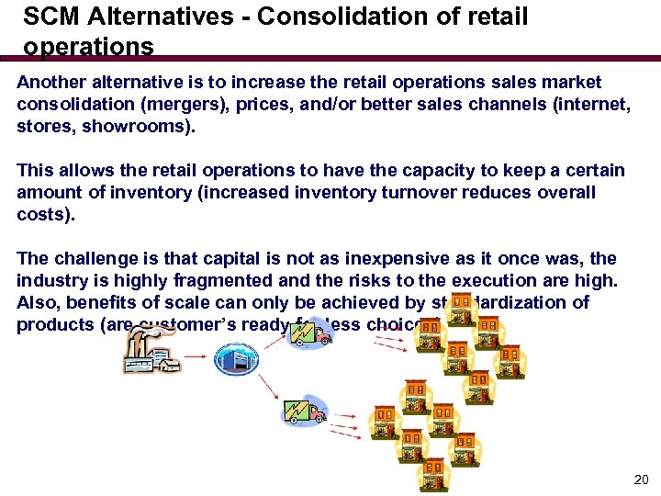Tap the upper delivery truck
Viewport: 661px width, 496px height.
[x=310, y=332]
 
